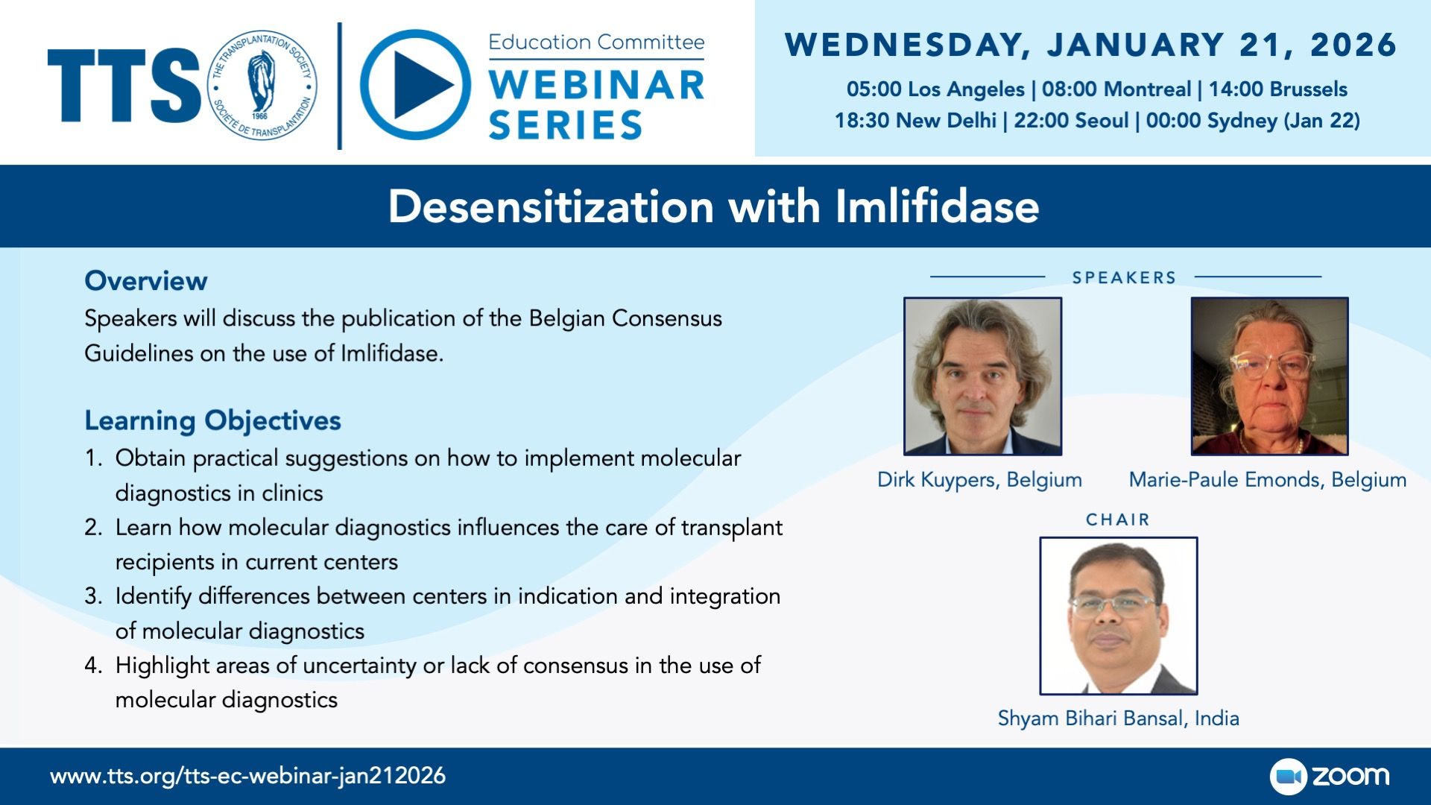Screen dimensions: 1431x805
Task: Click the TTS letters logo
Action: [x=124, y=86]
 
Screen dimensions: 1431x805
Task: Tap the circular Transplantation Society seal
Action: [x=261, y=86]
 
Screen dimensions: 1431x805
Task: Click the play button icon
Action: [x=415, y=85]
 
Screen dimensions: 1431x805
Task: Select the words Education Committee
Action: [x=596, y=42]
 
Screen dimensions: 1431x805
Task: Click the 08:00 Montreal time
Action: [x=1116, y=89]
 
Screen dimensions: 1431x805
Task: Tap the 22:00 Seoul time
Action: [x=1071, y=121]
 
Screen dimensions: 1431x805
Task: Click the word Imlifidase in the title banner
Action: [x=937, y=206]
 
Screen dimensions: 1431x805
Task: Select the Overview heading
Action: [x=146, y=281]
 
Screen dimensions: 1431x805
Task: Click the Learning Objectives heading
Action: [x=213, y=421]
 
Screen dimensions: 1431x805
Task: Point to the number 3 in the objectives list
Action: [x=92, y=596]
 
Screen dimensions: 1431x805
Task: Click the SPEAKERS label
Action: [x=1124, y=278]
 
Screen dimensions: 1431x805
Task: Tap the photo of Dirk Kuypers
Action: [x=983, y=376]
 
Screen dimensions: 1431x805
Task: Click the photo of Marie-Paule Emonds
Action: [x=1270, y=376]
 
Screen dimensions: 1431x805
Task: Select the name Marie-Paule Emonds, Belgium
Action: [x=1268, y=480]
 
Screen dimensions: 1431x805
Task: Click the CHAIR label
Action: [x=1118, y=520]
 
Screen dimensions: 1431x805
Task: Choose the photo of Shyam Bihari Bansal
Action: [x=1119, y=616]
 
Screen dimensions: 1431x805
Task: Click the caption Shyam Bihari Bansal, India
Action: [x=1119, y=719]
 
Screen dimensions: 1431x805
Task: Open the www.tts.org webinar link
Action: [x=248, y=776]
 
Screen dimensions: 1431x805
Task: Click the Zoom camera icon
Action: [x=1289, y=777]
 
